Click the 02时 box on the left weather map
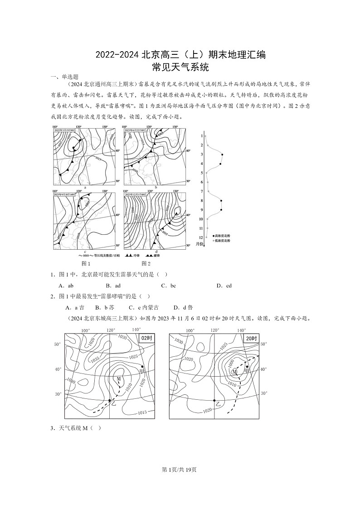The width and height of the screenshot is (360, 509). click(146, 338)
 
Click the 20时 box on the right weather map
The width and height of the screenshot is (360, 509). click(251, 338)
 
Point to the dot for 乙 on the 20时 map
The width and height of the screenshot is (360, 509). click(214, 400)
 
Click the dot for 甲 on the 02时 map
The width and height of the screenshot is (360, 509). click(142, 366)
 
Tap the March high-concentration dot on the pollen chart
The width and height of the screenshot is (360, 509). click(222, 155)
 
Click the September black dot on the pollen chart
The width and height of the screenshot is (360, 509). click(221, 209)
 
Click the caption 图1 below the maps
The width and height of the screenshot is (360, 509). click(86, 263)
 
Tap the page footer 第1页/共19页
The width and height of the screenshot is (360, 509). click(180, 469)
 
